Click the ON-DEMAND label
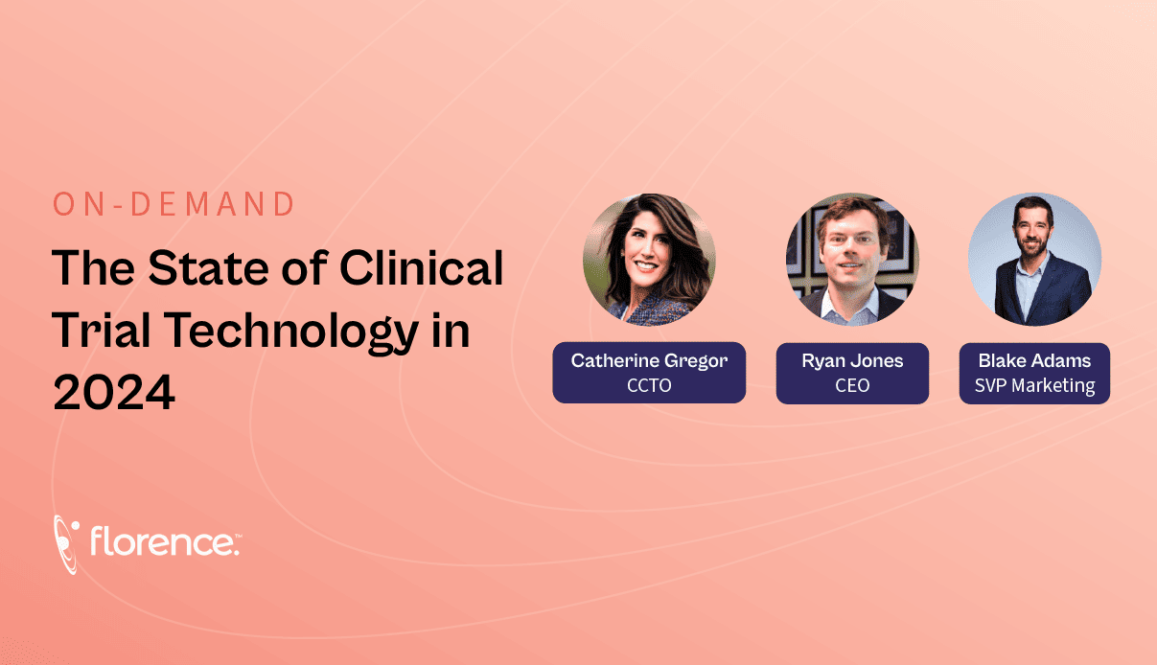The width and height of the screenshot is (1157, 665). coord(174,204)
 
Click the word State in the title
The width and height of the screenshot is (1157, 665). coord(209,268)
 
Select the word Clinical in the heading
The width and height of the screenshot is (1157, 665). coord(421,268)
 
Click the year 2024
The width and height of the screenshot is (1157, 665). coord(114,393)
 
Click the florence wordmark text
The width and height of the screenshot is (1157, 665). coord(165,541)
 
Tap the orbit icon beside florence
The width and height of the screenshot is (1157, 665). coord(66,544)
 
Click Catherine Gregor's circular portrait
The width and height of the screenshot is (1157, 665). coord(649,260)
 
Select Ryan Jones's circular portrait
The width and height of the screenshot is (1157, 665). coord(852,260)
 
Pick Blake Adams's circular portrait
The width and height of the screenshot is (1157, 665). coord(1034,260)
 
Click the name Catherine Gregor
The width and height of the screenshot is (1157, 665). coord(649,361)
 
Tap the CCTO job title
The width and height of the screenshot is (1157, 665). coord(649,385)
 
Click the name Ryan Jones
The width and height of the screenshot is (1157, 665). coord(852,361)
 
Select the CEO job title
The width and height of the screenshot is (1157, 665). coord(852,385)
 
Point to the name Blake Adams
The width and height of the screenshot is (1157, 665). coord(1034,361)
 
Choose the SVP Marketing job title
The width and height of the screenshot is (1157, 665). coord(1034,386)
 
